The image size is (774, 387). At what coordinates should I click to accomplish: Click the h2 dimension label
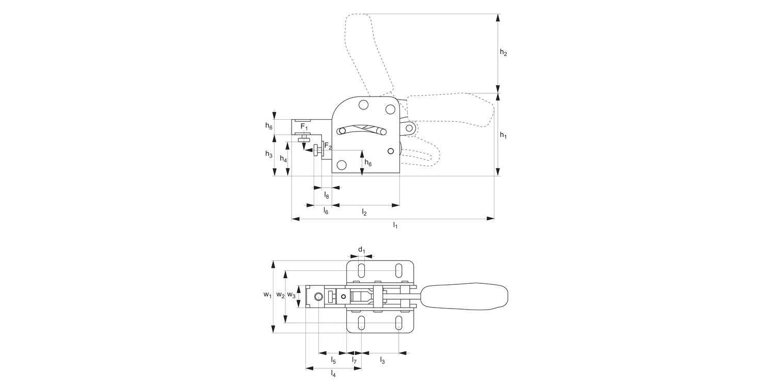click(x=503, y=53)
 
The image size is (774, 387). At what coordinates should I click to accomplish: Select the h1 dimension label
click(x=503, y=135)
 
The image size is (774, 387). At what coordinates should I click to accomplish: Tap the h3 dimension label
click(x=269, y=154)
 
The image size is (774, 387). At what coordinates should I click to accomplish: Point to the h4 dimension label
click(x=283, y=159)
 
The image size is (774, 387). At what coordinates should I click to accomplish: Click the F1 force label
click(x=304, y=127)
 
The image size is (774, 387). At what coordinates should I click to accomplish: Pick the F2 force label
click(x=328, y=146)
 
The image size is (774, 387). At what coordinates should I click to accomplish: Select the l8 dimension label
click(x=327, y=196)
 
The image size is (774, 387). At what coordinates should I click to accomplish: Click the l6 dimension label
click(x=326, y=211)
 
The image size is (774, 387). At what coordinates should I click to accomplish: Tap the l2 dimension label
click(x=364, y=212)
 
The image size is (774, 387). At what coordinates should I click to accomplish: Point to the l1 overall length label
click(x=395, y=225)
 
